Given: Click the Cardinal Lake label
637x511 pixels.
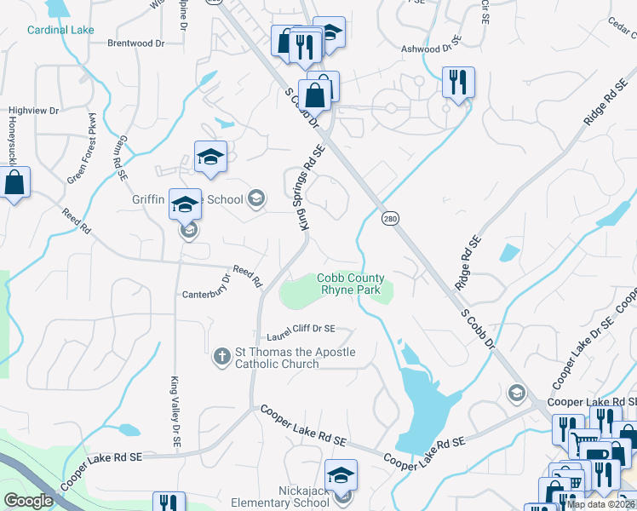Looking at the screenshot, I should point(60,30).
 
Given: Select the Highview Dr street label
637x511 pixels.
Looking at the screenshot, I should point(33,111).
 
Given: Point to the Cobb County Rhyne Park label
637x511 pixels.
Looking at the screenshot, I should point(351,284).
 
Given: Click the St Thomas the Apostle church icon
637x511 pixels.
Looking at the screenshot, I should point(221,356).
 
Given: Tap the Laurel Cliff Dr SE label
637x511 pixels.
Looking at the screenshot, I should point(301,329).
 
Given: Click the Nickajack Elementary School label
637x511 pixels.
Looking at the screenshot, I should point(292,496).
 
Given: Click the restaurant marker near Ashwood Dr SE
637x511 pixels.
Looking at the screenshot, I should point(458,83).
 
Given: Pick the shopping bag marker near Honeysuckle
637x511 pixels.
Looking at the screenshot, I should point(14,182).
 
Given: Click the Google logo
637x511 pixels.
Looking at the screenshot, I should point(28,500).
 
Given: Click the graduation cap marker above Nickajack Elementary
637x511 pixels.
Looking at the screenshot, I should point(341,474).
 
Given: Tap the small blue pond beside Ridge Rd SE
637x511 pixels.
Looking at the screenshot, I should point(509,253).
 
